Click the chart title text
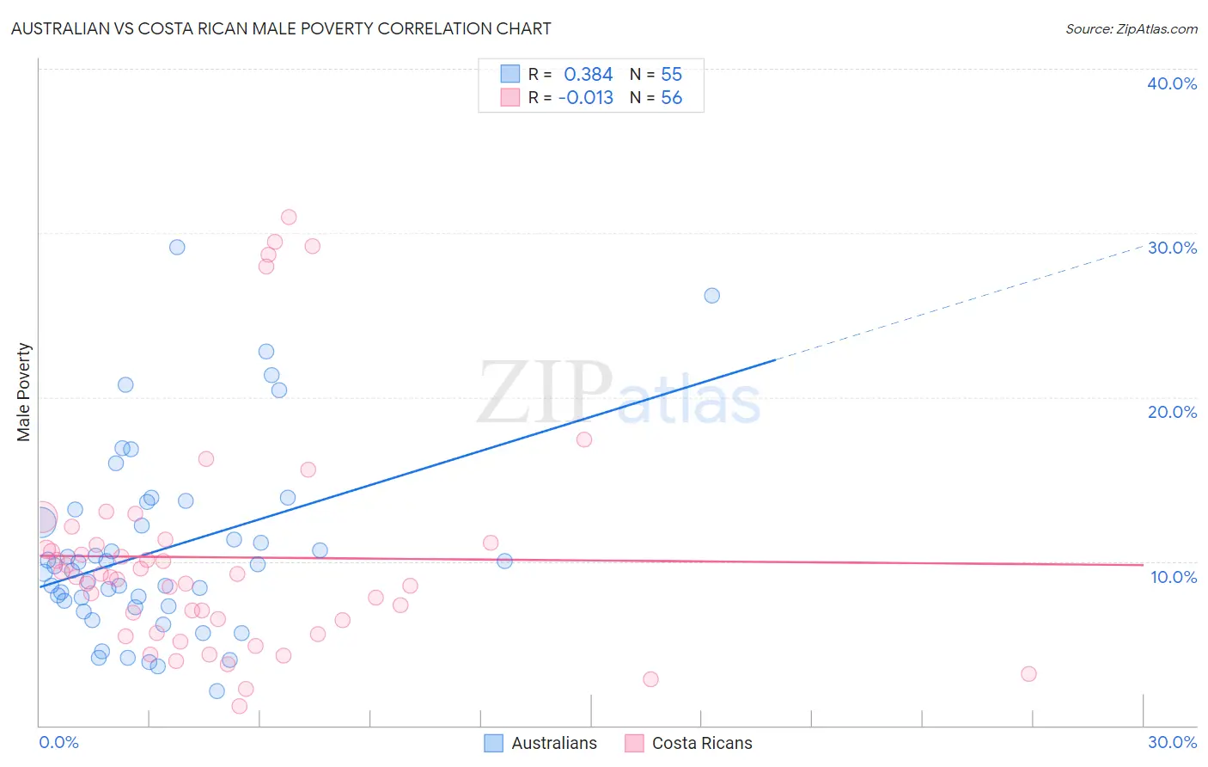pyautogui.click(x=281, y=28)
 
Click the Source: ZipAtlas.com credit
pyautogui.click(x=1131, y=28)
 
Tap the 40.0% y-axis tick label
pyautogui.click(x=1171, y=83)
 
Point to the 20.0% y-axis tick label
pyautogui.click(x=1171, y=412)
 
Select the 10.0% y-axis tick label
pyautogui.click(x=1173, y=577)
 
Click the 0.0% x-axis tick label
pyautogui.click(x=58, y=742)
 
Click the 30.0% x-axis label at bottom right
pyautogui.click(x=1172, y=742)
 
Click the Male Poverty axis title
pyautogui.click(x=24, y=392)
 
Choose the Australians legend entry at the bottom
pyautogui.click(x=540, y=743)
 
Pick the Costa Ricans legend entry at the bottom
pyautogui.click(x=688, y=743)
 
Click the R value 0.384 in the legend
pyautogui.click(x=588, y=74)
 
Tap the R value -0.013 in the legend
pyautogui.click(x=585, y=98)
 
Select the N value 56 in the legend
pyautogui.click(x=671, y=98)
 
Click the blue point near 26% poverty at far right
pyautogui.click(x=711, y=296)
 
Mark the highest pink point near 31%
pyautogui.click(x=289, y=217)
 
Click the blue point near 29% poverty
pyautogui.click(x=177, y=247)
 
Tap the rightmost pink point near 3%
pyautogui.click(x=1028, y=674)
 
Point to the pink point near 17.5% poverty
pyautogui.click(x=584, y=439)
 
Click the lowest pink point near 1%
pyautogui.click(x=240, y=706)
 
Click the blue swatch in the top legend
pyautogui.click(x=510, y=74)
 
